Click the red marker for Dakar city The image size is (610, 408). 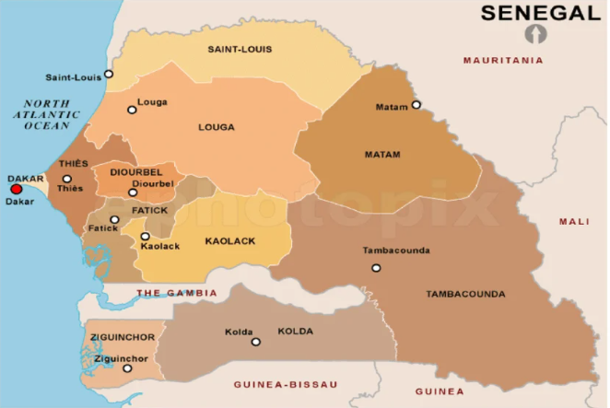click(16, 190)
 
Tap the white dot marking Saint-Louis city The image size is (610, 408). click(109, 74)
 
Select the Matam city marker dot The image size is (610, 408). click(416, 104)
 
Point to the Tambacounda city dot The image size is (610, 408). click(376, 268)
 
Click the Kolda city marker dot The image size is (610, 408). click(255, 342)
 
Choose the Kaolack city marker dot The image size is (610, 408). click(145, 237)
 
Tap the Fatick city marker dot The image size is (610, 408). click(114, 219)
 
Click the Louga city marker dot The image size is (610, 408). click(132, 110)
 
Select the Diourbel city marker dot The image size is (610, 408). click(133, 192)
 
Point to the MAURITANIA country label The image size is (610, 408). click(503, 60)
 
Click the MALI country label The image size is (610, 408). click(573, 222)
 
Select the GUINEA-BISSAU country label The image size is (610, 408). click(286, 384)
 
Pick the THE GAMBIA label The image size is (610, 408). click(177, 293)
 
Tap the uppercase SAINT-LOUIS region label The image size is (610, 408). click(239, 49)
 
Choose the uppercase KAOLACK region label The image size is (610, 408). click(229, 241)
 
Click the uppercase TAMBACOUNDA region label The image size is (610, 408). click(465, 295)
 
